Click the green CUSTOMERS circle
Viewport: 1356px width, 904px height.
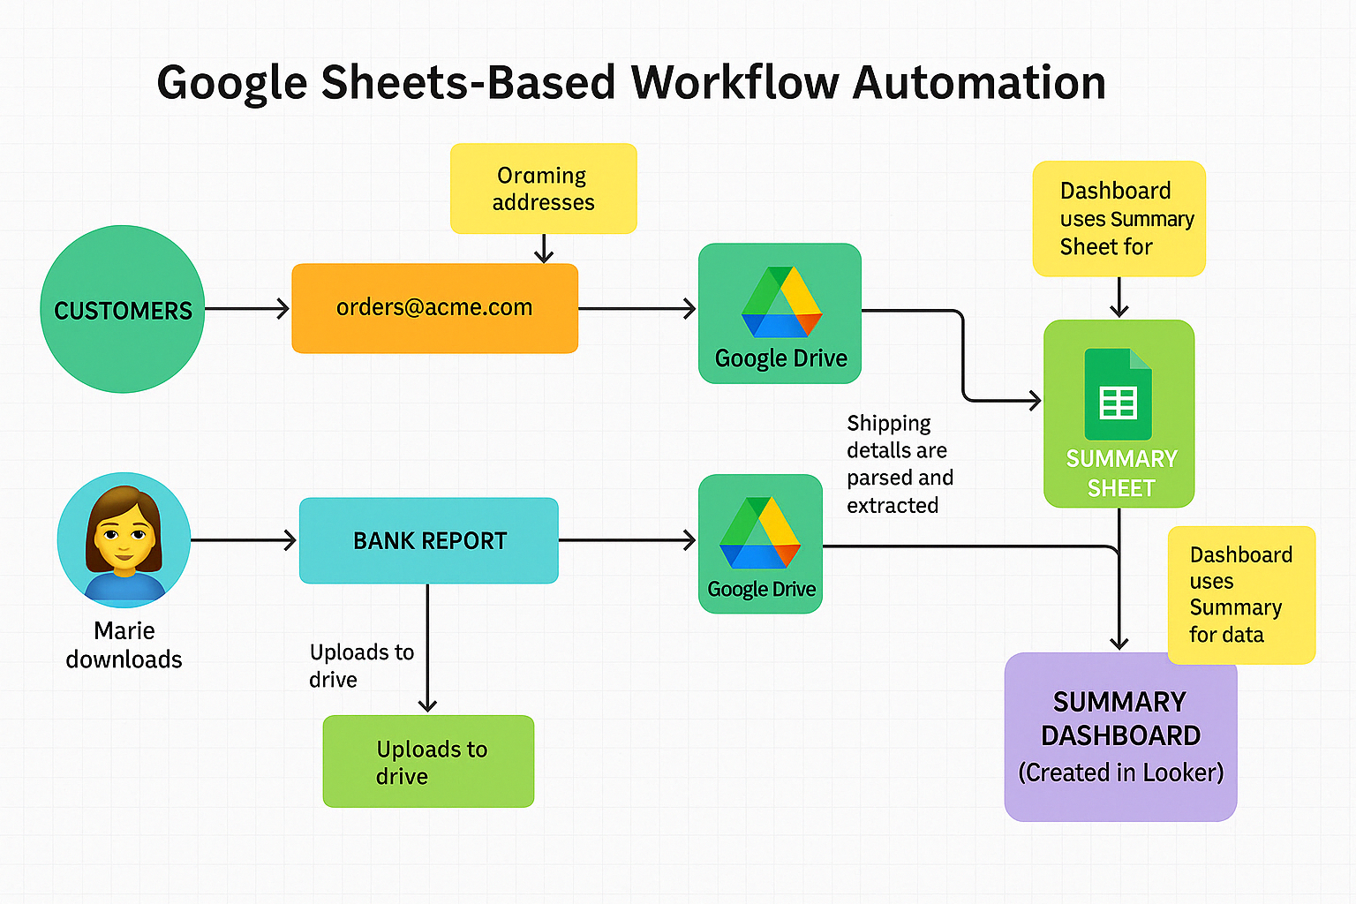click(123, 309)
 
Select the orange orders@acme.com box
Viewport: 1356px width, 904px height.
click(434, 308)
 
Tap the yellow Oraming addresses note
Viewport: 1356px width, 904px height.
click(543, 189)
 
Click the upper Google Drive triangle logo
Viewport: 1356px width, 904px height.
click(781, 303)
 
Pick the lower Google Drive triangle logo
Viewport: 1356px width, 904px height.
click(760, 533)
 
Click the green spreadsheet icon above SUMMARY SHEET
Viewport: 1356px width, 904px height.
click(1118, 395)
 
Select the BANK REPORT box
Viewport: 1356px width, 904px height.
click(429, 540)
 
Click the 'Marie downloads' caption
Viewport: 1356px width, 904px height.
click(124, 645)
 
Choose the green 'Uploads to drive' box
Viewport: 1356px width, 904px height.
click(429, 761)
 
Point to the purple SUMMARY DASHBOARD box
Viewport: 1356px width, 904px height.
click(1120, 737)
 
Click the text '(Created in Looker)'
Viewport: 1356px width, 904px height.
click(1120, 772)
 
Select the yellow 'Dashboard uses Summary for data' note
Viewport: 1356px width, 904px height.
click(1240, 595)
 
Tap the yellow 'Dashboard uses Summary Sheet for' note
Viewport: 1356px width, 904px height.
click(1119, 219)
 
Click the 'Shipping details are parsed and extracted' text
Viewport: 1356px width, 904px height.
click(900, 464)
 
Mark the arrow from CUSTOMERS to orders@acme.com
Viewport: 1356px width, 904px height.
click(247, 309)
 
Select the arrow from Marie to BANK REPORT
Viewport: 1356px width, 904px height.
click(244, 539)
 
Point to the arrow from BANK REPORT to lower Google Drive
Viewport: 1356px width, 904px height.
click(627, 539)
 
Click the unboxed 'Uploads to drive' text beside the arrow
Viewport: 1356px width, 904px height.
click(361, 666)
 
